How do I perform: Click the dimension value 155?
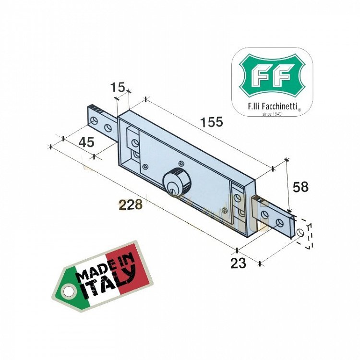click(x=212, y=122)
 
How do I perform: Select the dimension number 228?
click(x=131, y=205)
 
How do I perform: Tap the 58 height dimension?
click(x=300, y=187)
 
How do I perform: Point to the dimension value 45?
click(x=86, y=143)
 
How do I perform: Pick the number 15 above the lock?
click(x=118, y=87)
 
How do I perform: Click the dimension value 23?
click(x=239, y=263)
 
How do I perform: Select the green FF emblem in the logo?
click(x=272, y=76)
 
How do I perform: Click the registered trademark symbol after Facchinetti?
click(x=300, y=110)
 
